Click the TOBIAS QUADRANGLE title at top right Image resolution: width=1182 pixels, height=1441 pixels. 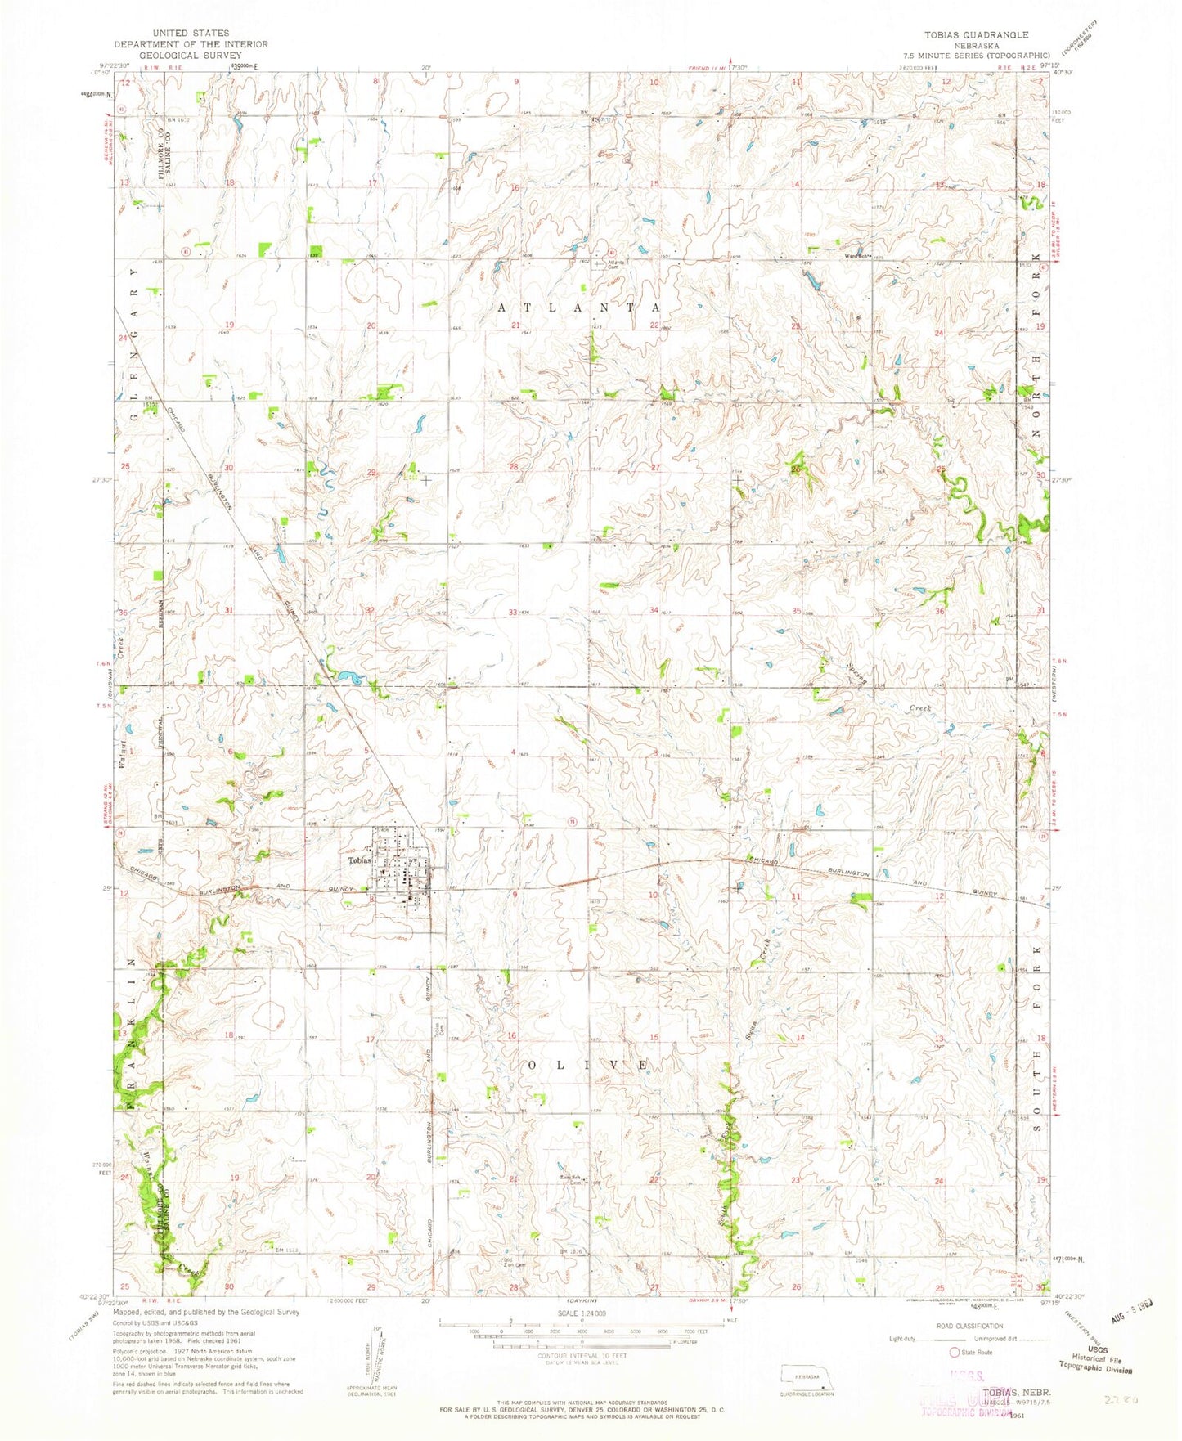970,35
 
